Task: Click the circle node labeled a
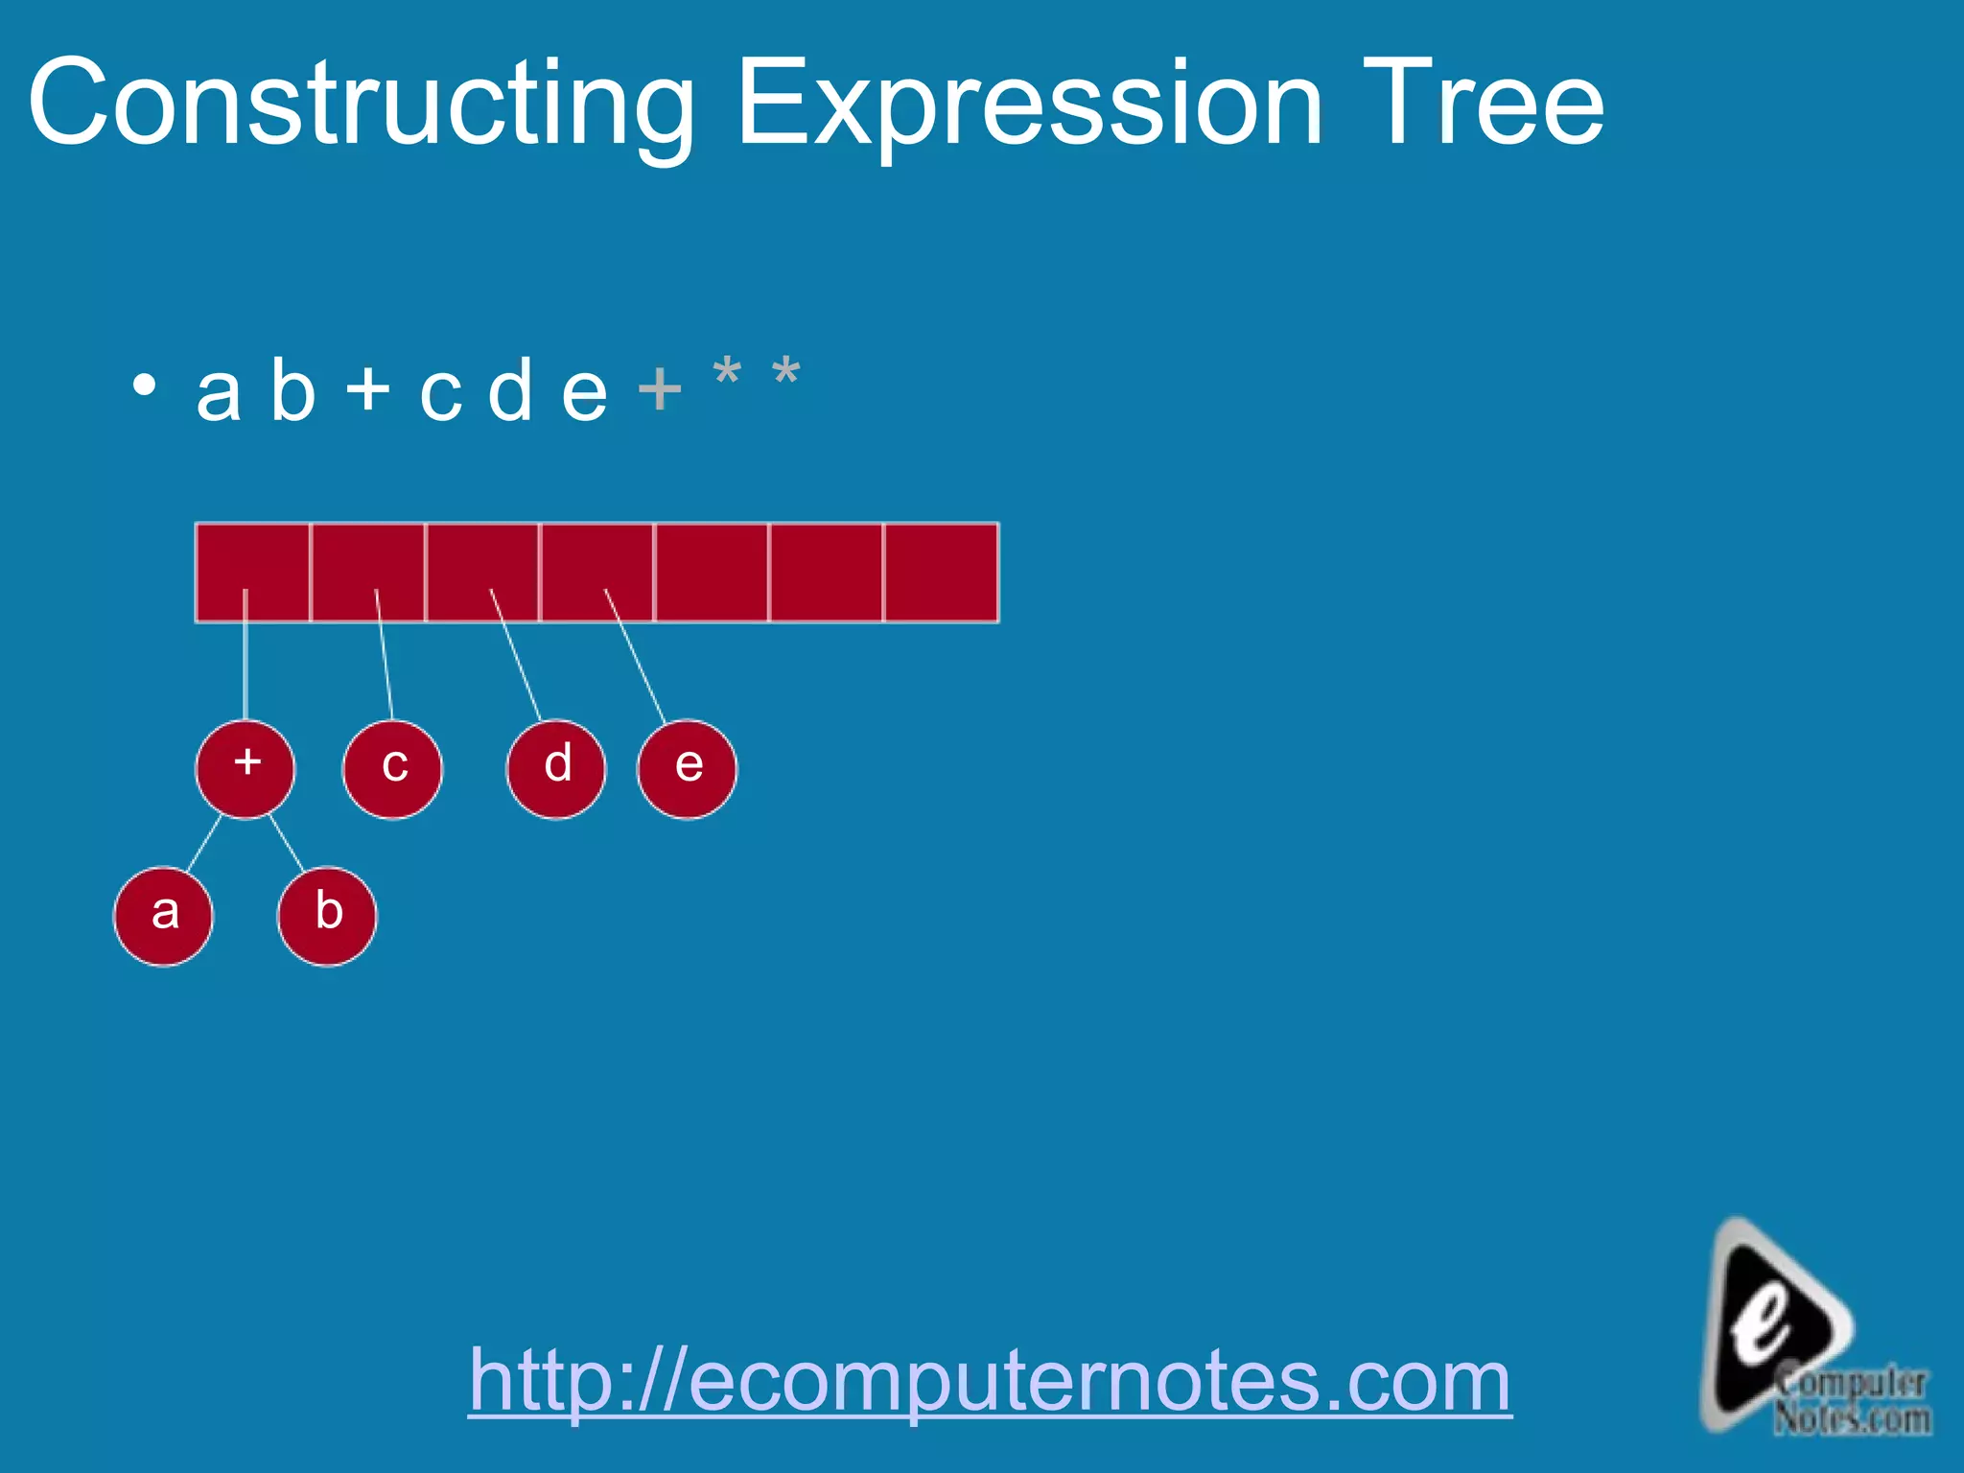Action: [164, 916]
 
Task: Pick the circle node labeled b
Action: [327, 916]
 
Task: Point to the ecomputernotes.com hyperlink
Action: [990, 1381]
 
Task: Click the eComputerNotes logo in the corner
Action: [1803, 1333]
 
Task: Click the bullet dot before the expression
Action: [144, 386]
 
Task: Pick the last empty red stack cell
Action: [941, 573]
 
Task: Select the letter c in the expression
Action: [440, 393]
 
